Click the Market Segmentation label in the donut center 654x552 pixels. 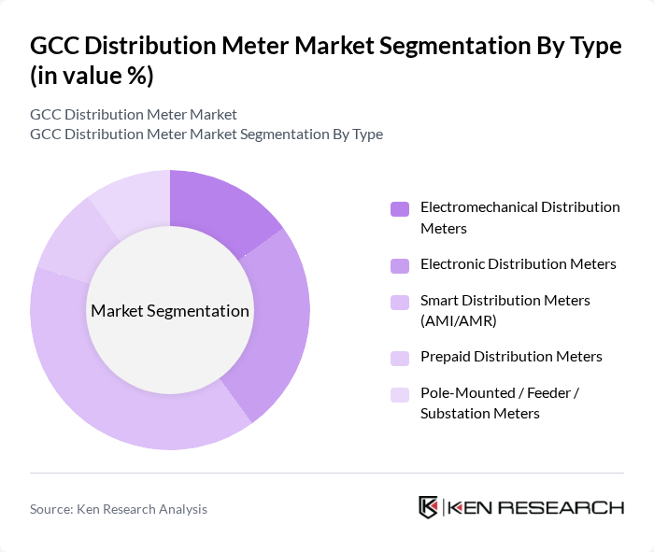[170, 311]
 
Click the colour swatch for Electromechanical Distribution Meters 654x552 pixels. [400, 208]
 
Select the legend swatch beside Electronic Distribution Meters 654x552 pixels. [400, 265]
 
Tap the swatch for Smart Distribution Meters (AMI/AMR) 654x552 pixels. [400, 302]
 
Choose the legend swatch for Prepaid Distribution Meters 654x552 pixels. [400, 358]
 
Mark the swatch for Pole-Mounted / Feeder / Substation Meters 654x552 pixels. [400, 394]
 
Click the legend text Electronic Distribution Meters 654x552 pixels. [518, 264]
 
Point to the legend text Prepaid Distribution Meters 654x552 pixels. [511, 357]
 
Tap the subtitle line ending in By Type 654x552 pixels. [206, 134]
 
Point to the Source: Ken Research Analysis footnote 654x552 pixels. [119, 509]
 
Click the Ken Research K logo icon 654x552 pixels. [429, 507]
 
